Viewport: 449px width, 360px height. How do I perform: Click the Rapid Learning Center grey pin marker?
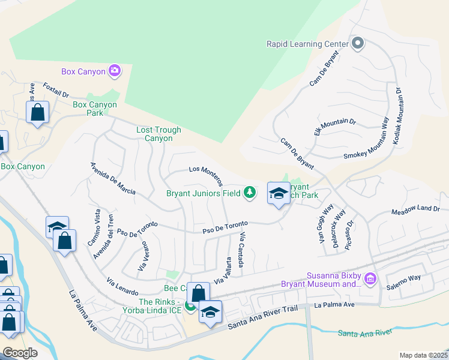[358, 43]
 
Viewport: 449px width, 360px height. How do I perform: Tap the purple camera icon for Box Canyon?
[115, 71]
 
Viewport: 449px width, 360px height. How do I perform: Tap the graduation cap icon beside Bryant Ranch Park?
[279, 193]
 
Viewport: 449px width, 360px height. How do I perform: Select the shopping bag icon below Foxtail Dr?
[37, 112]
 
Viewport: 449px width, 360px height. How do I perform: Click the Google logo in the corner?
[19, 353]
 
